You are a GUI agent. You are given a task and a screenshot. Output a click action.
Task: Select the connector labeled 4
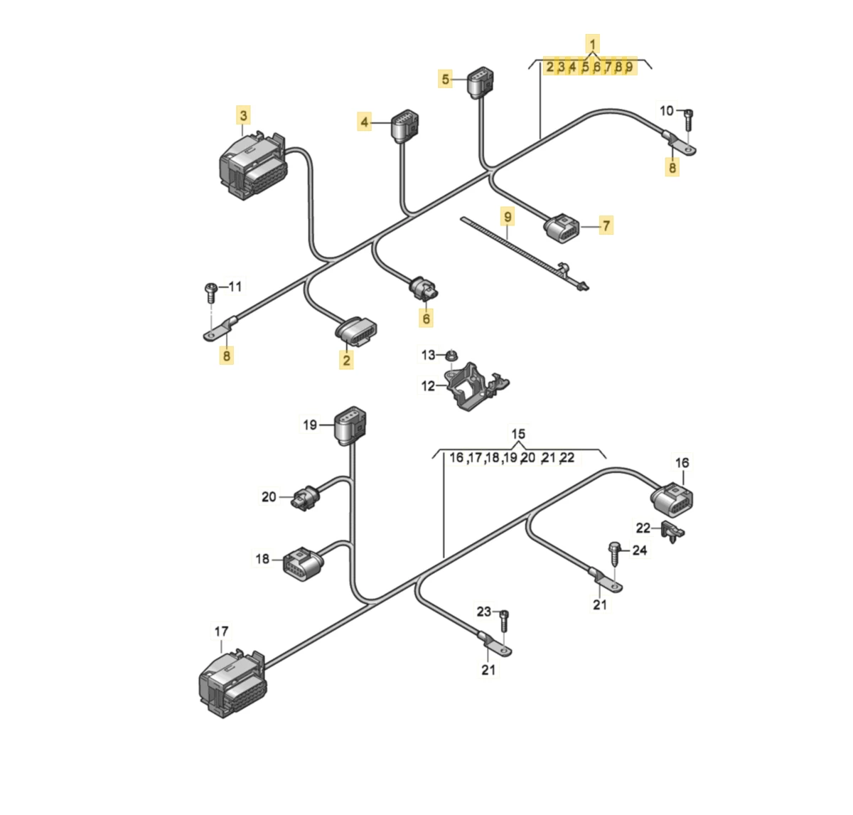coord(404,127)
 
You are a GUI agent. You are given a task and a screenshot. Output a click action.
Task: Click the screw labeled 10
coord(688,119)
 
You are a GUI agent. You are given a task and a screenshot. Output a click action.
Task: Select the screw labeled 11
coord(211,289)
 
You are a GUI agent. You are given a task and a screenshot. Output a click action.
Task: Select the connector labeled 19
coord(350,424)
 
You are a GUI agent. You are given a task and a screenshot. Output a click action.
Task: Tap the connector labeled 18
coord(301,563)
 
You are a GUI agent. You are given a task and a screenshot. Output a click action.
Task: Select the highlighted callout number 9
coord(507,216)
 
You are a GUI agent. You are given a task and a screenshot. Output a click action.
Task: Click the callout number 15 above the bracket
coord(518,434)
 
